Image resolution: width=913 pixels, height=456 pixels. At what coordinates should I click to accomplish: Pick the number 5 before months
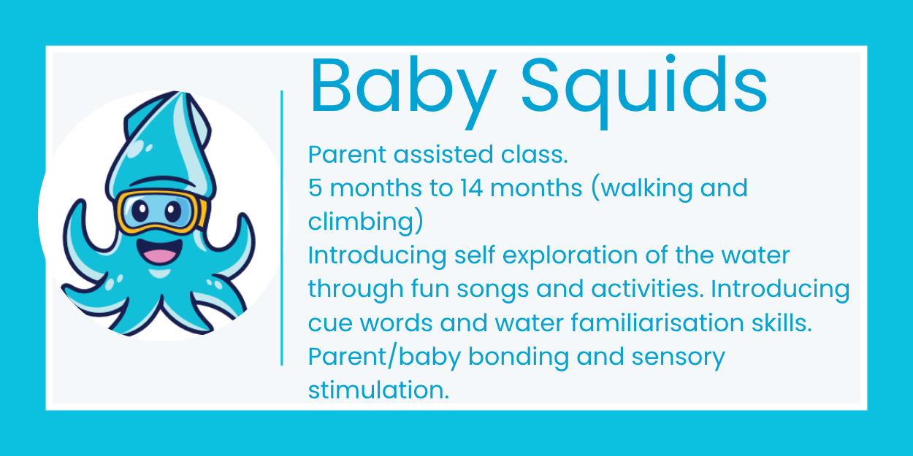click(315, 188)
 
